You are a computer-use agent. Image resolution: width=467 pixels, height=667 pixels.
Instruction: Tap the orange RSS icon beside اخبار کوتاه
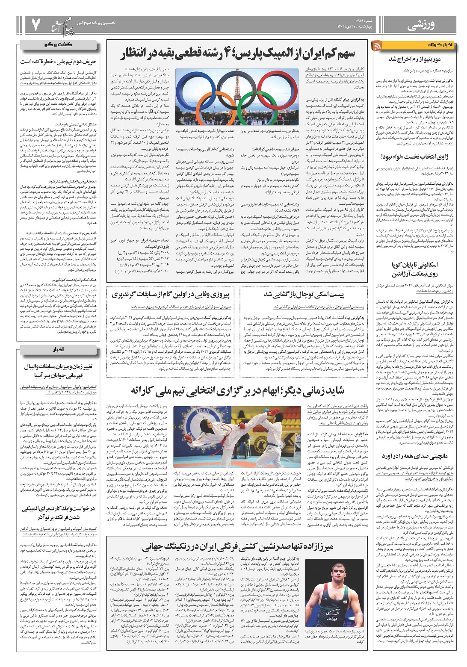[378, 45]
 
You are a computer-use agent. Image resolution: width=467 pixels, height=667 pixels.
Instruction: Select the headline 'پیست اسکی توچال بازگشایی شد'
[304, 295]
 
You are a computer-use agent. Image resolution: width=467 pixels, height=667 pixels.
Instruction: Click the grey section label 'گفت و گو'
[60, 44]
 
